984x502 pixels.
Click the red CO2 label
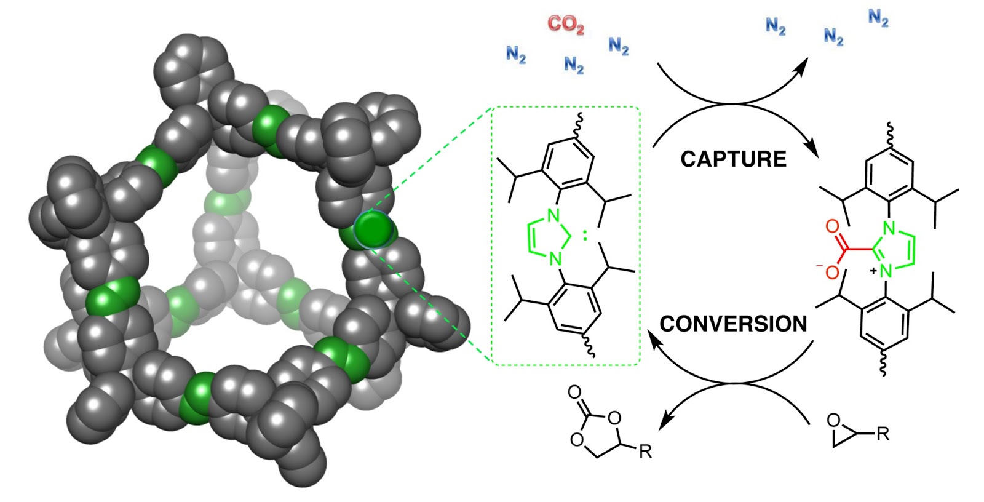[x=565, y=25]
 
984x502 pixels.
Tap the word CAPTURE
[x=733, y=159]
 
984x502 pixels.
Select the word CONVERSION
[x=733, y=324]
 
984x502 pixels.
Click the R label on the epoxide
[x=883, y=434]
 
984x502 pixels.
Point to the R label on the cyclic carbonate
[x=645, y=452]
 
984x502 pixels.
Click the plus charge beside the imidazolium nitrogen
[x=873, y=271]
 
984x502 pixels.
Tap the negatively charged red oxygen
[x=831, y=271]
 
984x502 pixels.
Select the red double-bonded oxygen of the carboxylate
[x=832, y=226]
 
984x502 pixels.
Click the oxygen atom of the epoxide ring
[x=833, y=421]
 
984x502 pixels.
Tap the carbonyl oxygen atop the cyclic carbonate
[x=574, y=392]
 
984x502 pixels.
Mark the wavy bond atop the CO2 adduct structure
[x=890, y=131]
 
